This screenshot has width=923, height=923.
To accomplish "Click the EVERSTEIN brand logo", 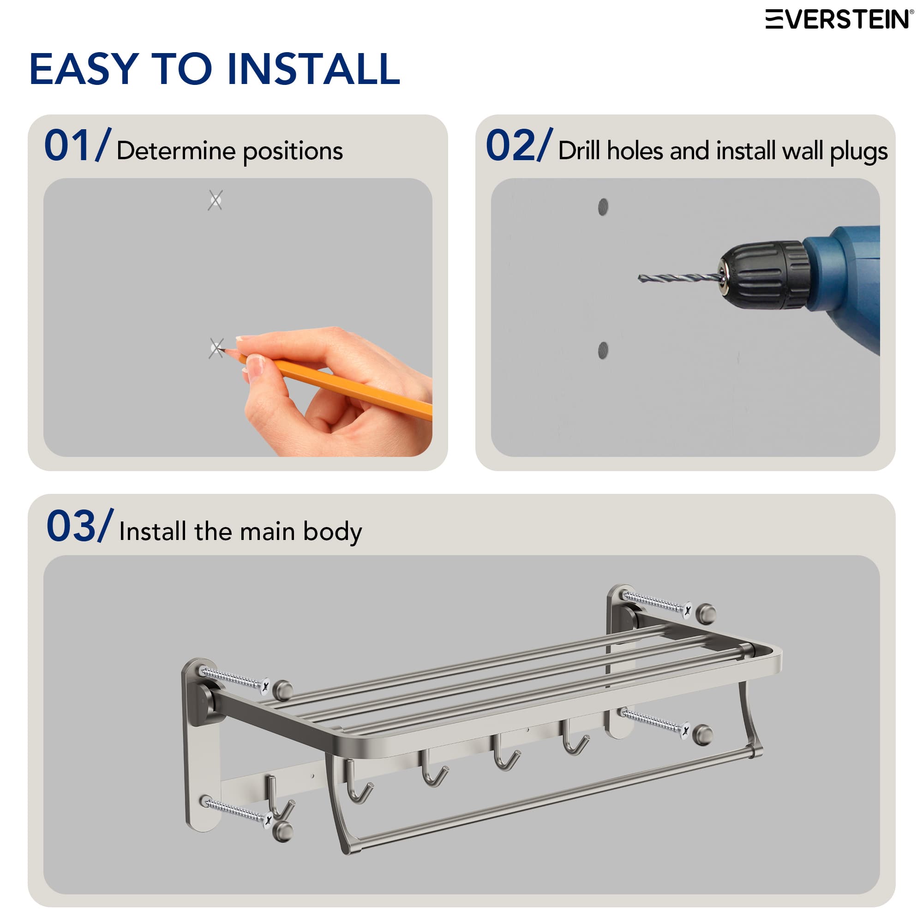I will (x=839, y=19).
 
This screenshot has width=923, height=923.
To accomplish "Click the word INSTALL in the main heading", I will (x=313, y=70).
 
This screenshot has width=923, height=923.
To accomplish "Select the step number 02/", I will (x=519, y=145).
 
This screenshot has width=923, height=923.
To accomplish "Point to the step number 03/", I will (x=79, y=526).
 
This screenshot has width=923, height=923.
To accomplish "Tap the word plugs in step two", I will (x=858, y=152).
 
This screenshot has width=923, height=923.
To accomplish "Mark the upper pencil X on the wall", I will (x=215, y=200).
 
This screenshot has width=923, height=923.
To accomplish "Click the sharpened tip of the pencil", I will (x=224, y=351).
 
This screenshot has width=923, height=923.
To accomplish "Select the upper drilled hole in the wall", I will (x=603, y=207).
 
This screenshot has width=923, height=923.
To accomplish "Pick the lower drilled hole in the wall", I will (x=603, y=350).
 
